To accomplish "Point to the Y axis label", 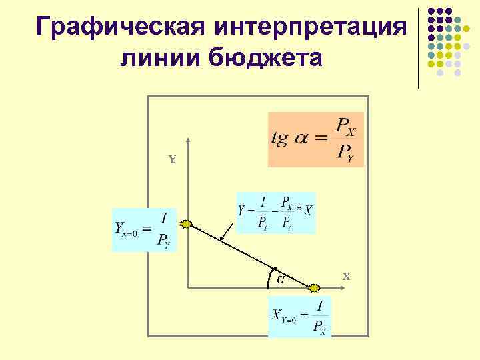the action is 172,160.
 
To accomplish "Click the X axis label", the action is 346,275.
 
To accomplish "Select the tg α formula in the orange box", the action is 315,139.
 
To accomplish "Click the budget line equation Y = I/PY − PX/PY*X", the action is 275,213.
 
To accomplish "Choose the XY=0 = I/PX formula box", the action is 299,317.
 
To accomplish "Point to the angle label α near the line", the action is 281,279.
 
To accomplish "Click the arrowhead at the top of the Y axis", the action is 189,141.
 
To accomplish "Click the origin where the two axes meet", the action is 189,287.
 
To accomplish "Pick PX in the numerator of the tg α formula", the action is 345,125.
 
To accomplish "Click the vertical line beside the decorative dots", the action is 418,47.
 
